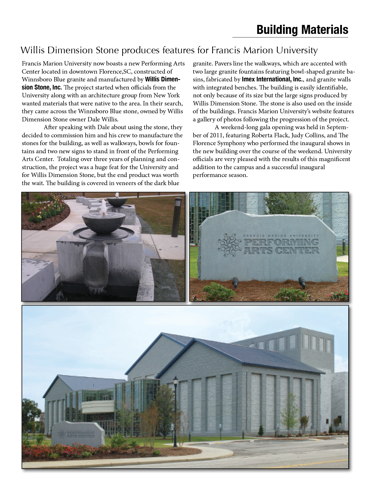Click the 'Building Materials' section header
pos(302,30)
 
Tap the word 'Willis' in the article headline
pos(32,51)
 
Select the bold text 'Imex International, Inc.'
pos(272,79)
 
